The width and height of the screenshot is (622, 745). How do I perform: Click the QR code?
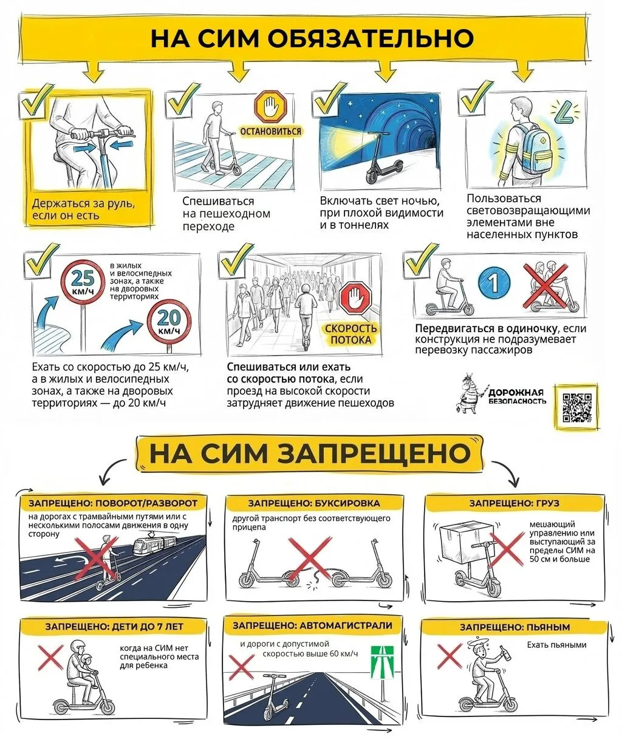576,407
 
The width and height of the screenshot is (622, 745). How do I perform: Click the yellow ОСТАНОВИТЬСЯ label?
270,131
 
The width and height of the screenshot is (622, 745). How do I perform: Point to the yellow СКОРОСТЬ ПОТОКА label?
351,334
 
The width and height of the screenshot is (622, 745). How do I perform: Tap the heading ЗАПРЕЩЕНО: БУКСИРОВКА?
313,503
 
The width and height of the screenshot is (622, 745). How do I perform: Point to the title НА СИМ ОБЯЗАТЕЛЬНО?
312,38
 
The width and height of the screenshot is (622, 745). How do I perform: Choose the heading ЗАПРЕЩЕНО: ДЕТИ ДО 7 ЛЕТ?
114,627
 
